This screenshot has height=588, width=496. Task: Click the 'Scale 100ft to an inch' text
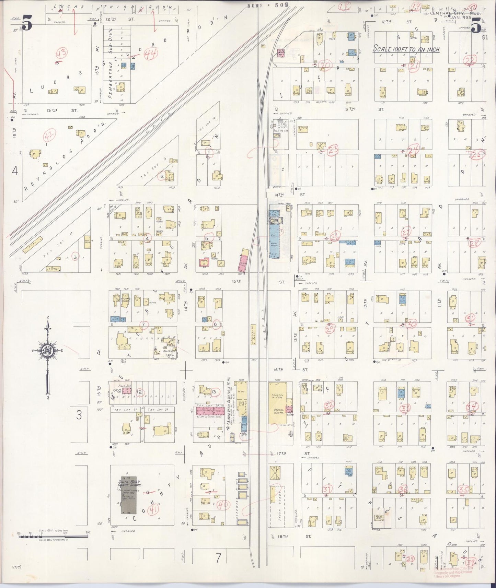point(406,49)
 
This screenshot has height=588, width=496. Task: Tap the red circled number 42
point(50,137)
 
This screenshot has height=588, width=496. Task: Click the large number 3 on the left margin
point(79,415)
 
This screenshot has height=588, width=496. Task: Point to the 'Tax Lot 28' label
point(155,410)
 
